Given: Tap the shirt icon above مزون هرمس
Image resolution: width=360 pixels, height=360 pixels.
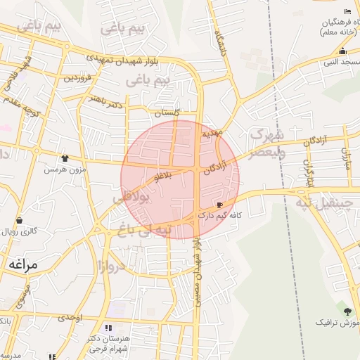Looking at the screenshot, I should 65,159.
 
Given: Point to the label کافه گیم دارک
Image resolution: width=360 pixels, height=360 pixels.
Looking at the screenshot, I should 221,216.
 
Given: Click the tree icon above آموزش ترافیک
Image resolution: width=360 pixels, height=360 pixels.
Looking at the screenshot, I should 346,311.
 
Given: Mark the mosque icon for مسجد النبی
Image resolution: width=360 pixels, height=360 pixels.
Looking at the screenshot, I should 342,51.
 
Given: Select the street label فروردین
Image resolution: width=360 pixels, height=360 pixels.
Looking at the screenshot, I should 79,78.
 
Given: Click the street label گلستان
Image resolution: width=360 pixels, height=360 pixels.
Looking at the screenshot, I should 167,112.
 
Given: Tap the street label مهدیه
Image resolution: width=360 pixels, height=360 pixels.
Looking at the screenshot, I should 212,132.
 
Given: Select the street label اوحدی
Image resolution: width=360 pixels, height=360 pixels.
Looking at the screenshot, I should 70,318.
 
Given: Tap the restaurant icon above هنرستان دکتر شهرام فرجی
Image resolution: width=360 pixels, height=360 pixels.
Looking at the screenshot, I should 108,328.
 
